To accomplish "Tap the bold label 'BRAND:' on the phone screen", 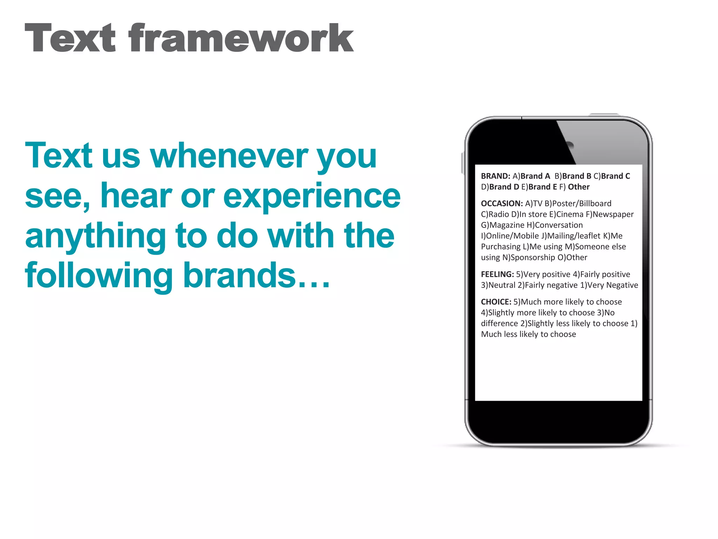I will coord(495,176).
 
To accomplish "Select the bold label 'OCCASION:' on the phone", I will coord(502,204).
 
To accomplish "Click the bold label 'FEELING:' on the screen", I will coord(497,274).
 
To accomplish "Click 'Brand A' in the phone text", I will coord(535,176).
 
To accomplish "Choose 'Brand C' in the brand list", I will coord(615,176).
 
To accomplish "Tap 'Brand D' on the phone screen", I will coord(504,187).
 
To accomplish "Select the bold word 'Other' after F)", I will coord(578,187).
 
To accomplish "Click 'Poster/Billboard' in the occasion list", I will coord(582,204).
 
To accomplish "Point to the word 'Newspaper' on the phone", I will coord(613,214).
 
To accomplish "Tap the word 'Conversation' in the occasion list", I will coord(559,225).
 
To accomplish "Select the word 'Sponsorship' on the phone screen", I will coord(533,258).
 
